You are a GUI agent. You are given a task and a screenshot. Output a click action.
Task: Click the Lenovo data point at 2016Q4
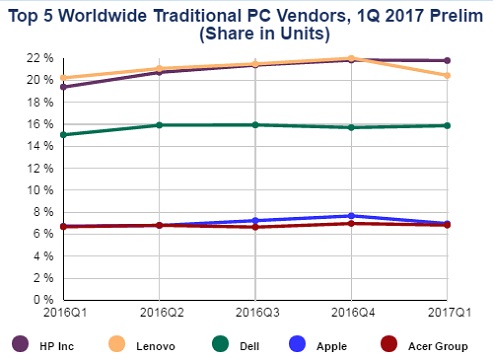pyautogui.click(x=351, y=58)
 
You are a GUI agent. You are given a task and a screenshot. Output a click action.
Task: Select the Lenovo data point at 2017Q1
pyautogui.click(x=447, y=76)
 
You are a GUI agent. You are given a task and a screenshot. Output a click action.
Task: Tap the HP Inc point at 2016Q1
pyautogui.click(x=64, y=87)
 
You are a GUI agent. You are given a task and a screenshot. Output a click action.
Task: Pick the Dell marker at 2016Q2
pyautogui.click(x=159, y=125)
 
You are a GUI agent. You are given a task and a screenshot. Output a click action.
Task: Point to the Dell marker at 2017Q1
pyautogui.click(x=447, y=125)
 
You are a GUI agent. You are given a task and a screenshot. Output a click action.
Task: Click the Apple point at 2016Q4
pyautogui.click(x=351, y=216)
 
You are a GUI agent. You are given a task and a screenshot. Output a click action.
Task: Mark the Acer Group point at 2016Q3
pyautogui.click(x=255, y=227)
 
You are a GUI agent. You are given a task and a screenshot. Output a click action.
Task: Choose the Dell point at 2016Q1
pyautogui.click(x=64, y=134)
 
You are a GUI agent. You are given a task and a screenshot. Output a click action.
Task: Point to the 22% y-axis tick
pyautogui.click(x=38, y=58)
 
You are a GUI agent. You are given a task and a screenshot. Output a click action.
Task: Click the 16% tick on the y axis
pyautogui.click(x=38, y=124)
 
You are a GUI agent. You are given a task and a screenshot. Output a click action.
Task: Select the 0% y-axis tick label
pyautogui.click(x=41, y=300)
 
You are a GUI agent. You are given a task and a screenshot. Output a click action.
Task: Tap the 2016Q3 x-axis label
pyautogui.click(x=255, y=311)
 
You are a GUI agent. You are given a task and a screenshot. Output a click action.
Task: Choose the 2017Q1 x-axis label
pyautogui.click(x=445, y=311)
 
